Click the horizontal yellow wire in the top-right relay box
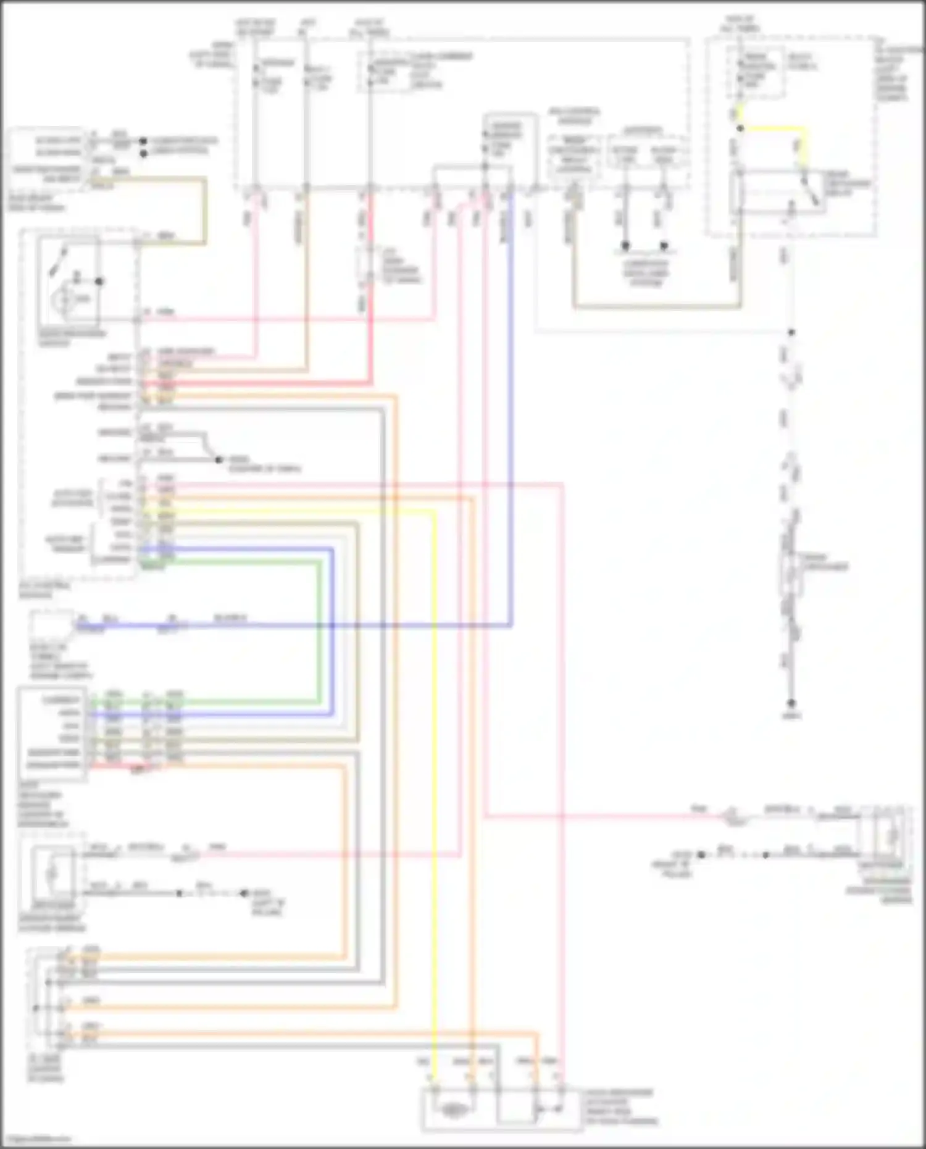click(x=772, y=129)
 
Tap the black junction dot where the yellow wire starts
click(x=740, y=128)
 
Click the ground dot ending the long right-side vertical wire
click(x=791, y=703)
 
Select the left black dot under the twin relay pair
click(x=625, y=246)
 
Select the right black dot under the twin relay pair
click(x=664, y=246)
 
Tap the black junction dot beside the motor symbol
click(x=99, y=282)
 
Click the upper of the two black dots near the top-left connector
click(x=143, y=141)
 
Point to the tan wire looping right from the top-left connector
click(x=204, y=210)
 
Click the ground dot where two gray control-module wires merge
click(x=218, y=460)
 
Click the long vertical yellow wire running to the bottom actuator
click(x=435, y=803)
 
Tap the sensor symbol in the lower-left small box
click(x=52, y=874)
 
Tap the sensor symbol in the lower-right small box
click(x=892, y=837)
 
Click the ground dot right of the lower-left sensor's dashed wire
click(x=244, y=893)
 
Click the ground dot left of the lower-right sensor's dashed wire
click(x=701, y=855)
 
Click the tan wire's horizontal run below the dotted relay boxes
click(x=654, y=306)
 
